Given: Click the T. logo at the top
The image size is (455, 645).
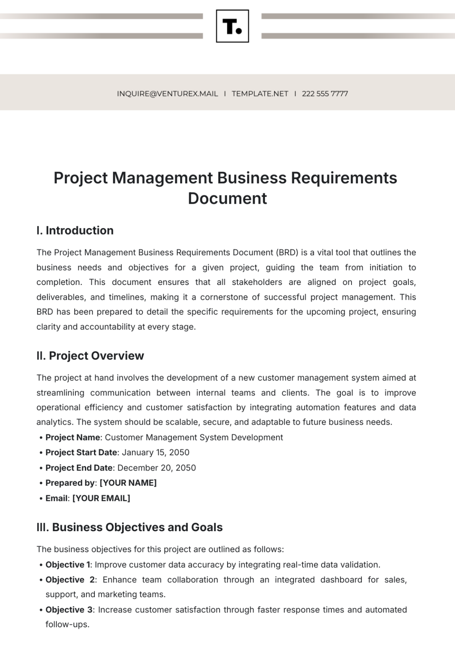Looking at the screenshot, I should coord(232,26).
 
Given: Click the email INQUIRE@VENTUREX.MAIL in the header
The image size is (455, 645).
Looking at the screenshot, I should coord(167,94).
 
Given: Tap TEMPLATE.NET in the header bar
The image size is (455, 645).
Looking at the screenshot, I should coord(260,94).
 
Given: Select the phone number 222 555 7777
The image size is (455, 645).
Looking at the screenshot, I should coord(325,94).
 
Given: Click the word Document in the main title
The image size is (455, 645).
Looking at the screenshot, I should coord(227,198).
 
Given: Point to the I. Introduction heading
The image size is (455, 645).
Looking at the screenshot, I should coord(75,230).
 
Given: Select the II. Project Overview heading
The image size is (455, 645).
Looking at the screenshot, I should coord(90,356).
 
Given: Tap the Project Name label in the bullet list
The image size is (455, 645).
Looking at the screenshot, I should coord(72,437).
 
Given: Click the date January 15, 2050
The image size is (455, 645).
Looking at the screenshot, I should coord(155,453).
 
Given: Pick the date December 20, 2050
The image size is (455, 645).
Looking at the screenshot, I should coord(157,468).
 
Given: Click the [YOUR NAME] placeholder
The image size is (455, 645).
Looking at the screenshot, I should coord(128,483).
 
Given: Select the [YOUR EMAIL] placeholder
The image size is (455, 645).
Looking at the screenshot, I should coord(101,498).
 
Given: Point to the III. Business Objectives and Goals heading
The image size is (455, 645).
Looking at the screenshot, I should coord(130,527).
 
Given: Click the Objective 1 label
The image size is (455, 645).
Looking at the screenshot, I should coord(67,565).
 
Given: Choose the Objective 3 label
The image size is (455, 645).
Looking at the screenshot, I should coord(69,610).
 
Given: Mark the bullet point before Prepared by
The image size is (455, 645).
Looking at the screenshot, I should coord(41,483).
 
